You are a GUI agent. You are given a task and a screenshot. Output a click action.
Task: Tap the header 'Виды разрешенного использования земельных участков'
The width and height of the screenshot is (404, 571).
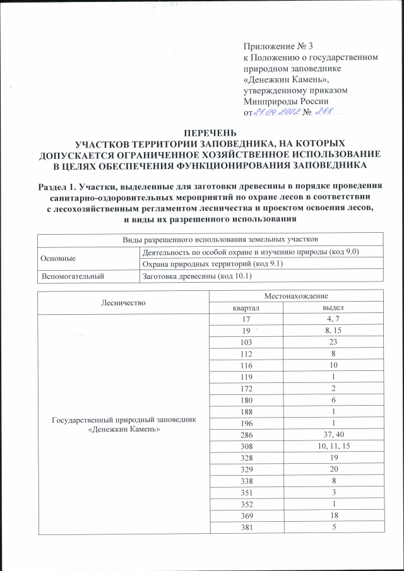[211, 240]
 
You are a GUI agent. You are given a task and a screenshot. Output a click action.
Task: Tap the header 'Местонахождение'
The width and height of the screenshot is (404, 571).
[296, 295]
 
